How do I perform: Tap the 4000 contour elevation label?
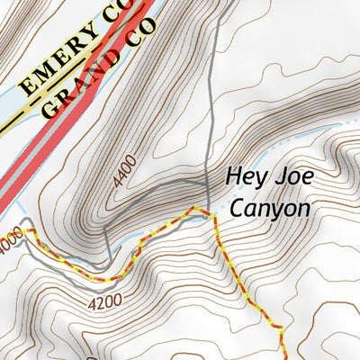[8, 242]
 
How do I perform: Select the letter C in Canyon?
[236, 209]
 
